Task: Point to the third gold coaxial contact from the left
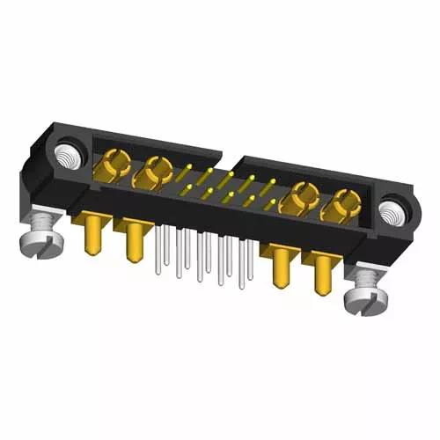pyautogui.click(x=302, y=197)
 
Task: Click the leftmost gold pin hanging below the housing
pyautogui.click(x=91, y=238)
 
